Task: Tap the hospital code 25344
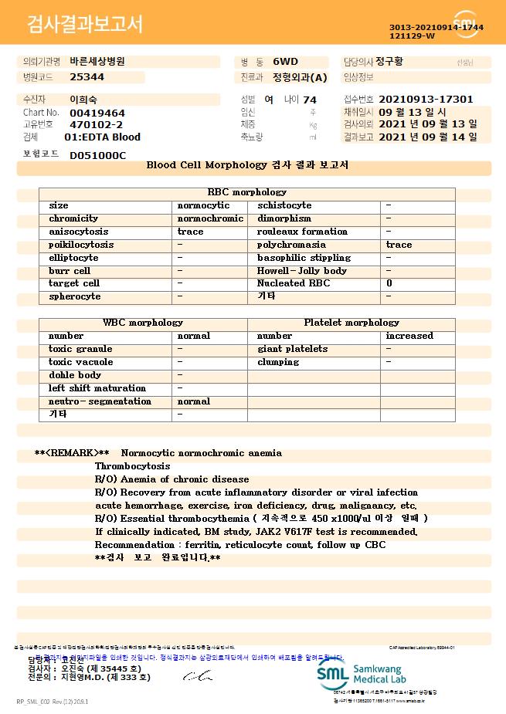coord(87,77)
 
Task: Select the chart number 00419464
coord(97,113)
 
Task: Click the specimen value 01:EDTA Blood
coord(103,137)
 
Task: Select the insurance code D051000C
coord(97,155)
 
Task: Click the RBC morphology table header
coord(247,192)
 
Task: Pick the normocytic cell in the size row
coord(204,205)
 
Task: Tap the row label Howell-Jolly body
coord(302,271)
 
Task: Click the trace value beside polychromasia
coord(399,245)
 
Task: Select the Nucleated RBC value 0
coord(389,283)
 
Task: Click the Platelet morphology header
coord(351,323)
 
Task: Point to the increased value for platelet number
coord(409,336)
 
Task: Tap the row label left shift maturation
coord(97,388)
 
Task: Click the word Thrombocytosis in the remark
coord(132,466)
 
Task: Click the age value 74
coord(310,100)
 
